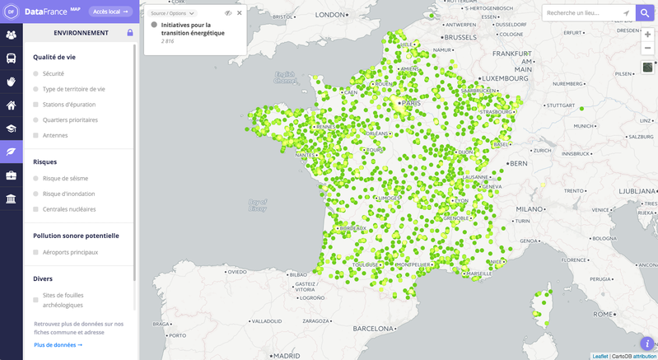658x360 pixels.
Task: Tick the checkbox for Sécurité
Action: [35, 74]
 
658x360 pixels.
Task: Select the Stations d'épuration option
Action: [35, 105]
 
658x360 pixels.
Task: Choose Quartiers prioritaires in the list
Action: [35, 120]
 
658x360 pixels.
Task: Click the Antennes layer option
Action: [35, 135]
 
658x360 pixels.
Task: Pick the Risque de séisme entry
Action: [35, 178]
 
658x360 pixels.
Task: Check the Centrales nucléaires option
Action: [35, 209]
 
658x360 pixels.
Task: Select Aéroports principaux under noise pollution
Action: [35, 252]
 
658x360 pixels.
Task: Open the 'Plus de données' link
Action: [58, 345]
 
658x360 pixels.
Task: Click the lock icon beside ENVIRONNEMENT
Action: [130, 33]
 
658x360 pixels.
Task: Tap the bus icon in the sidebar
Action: [12, 58]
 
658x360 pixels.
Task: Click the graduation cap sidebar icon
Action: [12, 129]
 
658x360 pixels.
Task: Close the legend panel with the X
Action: [240, 13]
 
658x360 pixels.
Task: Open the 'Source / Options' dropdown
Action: [173, 14]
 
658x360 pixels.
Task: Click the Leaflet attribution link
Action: [600, 356]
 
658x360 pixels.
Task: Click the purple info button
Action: [646, 344]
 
